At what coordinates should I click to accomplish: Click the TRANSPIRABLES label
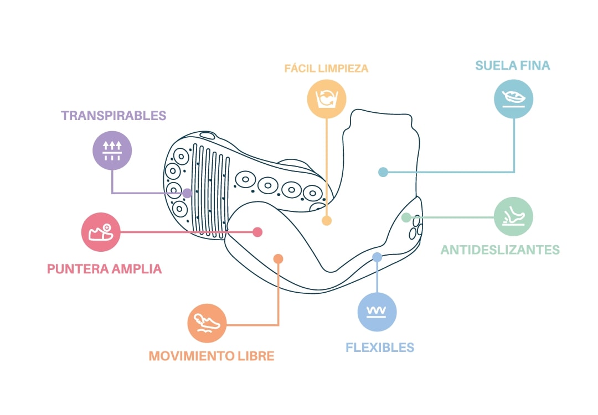[x=114, y=116]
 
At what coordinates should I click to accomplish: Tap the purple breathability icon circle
[x=112, y=150]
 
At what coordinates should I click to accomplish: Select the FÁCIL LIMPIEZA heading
[x=326, y=69]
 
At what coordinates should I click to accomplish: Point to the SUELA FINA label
[x=513, y=66]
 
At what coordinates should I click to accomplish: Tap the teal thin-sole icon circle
[x=513, y=99]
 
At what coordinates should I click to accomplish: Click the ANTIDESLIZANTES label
[x=500, y=250]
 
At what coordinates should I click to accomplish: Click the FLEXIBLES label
[x=380, y=347]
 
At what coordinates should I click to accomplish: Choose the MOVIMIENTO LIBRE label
[x=212, y=355]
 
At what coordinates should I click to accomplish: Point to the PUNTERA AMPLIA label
[x=105, y=269]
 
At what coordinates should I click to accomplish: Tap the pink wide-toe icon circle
[x=101, y=232]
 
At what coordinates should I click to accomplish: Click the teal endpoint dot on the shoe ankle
[x=383, y=172]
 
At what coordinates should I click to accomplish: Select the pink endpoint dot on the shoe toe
[x=257, y=232]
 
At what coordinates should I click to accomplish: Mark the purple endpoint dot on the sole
[x=187, y=193]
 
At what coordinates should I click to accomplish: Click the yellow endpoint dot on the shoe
[x=327, y=221]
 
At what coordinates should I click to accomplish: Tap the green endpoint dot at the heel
[x=406, y=217]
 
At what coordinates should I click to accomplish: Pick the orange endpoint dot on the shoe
[x=279, y=258]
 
